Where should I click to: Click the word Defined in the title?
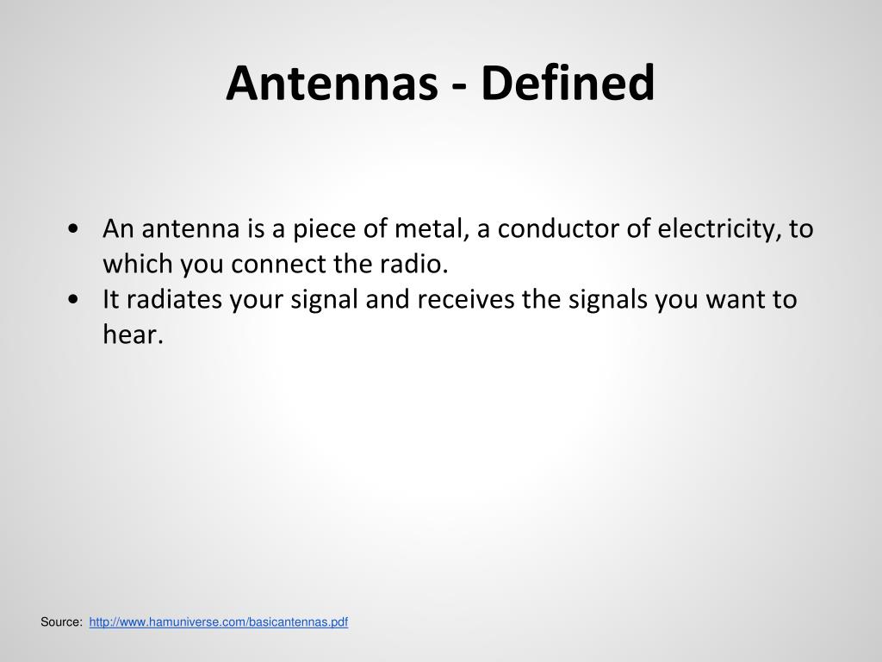coord(568,84)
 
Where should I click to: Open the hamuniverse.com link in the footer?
coord(218,621)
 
